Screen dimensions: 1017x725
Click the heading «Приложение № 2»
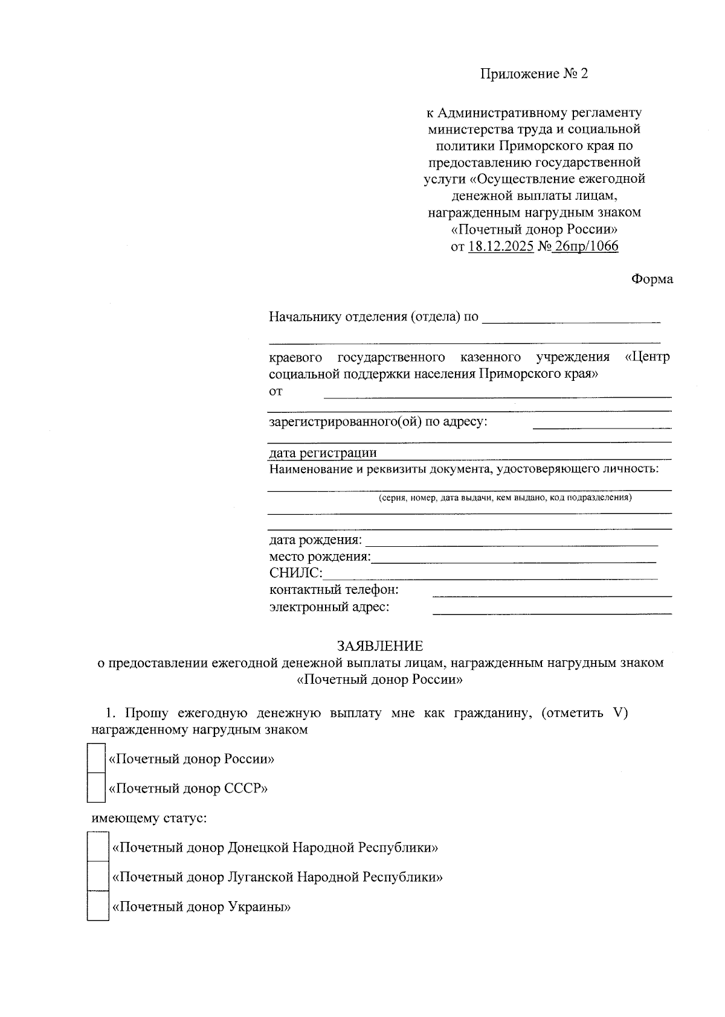click(x=533, y=74)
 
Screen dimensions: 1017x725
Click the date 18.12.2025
click(x=501, y=247)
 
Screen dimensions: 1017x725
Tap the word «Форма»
click(x=652, y=279)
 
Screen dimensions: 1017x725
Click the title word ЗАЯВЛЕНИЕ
click(x=380, y=646)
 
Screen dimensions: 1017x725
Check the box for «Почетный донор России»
click(x=97, y=758)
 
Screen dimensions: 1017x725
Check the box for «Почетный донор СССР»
click(x=97, y=788)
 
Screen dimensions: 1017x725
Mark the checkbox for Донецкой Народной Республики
click(x=98, y=847)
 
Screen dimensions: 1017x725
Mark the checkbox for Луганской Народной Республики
click(x=98, y=876)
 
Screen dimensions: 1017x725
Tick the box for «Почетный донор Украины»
click(x=98, y=906)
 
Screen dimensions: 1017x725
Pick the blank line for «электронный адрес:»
click(x=552, y=612)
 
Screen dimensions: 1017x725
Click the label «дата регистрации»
click(x=323, y=453)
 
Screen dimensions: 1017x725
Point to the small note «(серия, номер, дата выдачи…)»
click(x=504, y=498)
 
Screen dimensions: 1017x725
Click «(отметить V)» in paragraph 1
click(x=584, y=713)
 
